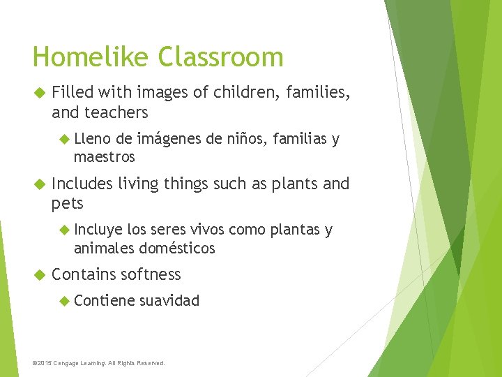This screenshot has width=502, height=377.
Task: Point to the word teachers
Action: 116,112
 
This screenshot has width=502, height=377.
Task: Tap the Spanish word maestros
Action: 104,157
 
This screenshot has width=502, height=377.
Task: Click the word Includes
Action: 82,184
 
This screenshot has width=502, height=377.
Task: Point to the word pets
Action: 68,204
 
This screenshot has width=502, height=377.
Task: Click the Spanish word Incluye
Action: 98,230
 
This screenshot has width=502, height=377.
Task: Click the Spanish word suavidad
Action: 169,301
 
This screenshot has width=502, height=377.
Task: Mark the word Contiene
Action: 104,301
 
